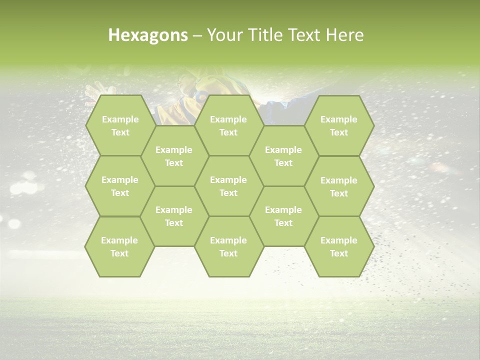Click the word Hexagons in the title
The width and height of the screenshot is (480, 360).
148,35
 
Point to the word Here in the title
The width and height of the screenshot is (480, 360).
345,35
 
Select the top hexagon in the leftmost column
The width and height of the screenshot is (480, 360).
120,125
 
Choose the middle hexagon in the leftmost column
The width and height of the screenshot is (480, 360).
120,186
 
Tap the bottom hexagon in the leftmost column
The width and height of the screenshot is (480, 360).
119,246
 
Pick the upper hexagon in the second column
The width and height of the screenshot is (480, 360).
174,156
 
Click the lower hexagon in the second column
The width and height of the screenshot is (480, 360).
174,216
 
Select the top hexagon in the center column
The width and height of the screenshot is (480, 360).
228,125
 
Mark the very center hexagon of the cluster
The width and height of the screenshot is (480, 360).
228,186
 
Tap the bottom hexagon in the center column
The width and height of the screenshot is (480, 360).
228,246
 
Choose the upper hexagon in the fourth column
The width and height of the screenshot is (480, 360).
283,156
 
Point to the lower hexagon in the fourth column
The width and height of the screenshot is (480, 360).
283,216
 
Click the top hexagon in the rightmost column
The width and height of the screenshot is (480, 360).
339,125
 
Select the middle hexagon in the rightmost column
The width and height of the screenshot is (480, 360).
339,186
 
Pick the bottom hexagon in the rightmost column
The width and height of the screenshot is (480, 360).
339,246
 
